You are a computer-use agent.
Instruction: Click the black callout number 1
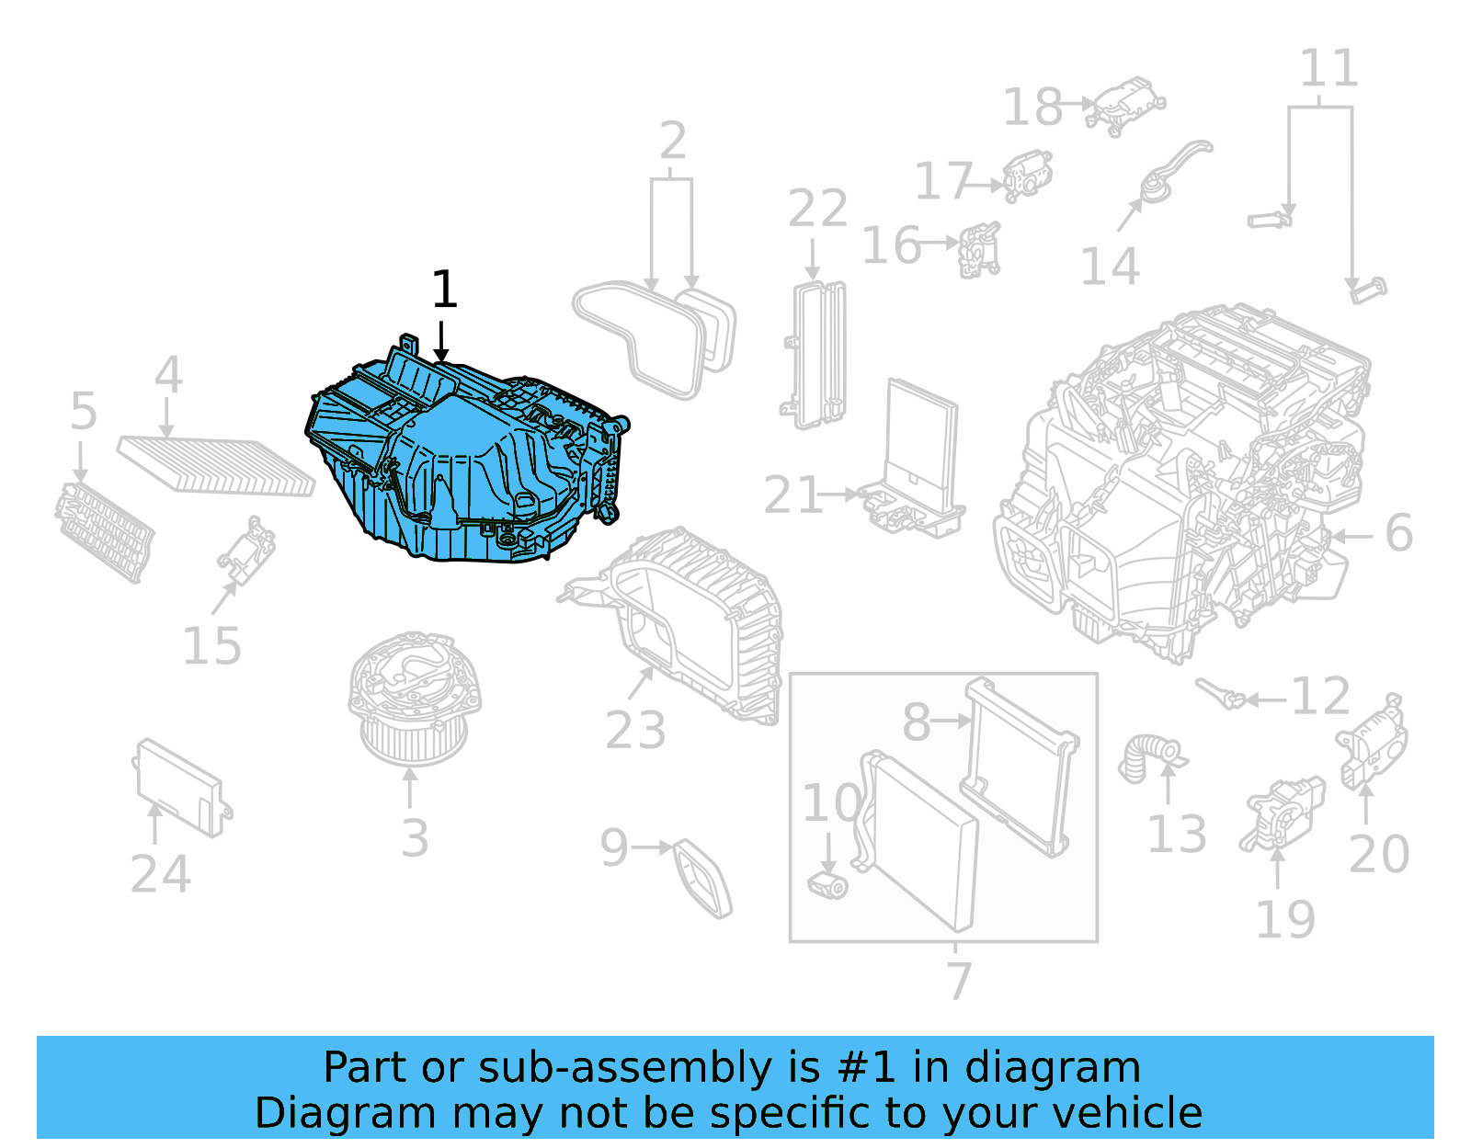click(444, 290)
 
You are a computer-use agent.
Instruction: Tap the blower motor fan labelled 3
click(414, 699)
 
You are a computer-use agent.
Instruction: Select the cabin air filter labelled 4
click(216, 465)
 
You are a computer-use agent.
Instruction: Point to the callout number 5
click(83, 412)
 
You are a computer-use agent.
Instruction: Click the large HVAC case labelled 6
click(1186, 478)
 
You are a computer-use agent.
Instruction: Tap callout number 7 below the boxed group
click(958, 981)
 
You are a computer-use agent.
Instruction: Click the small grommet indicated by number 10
click(827, 885)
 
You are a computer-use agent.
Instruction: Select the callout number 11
click(1328, 69)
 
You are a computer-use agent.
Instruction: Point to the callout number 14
click(1110, 267)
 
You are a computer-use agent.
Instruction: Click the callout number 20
click(1378, 854)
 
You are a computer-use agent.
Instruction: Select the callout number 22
click(817, 210)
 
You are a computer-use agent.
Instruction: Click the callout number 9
click(613, 847)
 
